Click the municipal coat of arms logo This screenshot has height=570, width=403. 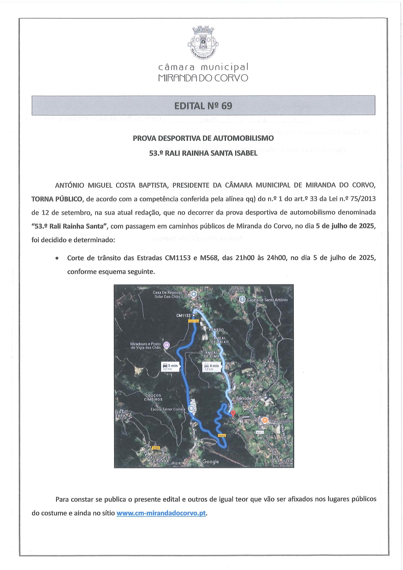(203, 43)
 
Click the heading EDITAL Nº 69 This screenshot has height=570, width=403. (203, 106)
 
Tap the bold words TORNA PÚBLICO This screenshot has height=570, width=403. (57, 199)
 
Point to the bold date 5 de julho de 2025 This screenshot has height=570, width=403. (345, 226)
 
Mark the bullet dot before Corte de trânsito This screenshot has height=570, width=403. (57, 259)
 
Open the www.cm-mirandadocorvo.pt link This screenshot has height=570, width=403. (161, 513)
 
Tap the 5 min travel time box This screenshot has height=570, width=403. (170, 367)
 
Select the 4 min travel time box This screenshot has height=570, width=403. (212, 367)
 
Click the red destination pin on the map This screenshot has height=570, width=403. (233, 414)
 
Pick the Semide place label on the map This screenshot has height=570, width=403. (243, 398)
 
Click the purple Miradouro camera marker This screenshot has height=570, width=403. (166, 345)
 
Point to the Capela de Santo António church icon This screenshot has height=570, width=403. (242, 299)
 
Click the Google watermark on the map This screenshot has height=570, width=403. (211, 462)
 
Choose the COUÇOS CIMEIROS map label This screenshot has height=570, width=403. (153, 397)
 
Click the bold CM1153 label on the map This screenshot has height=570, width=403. (183, 315)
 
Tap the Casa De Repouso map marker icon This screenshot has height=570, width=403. (193, 294)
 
